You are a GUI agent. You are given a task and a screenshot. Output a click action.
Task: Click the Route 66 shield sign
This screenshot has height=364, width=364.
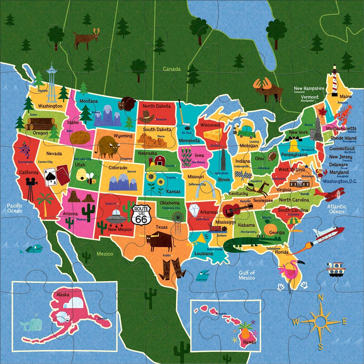click(141, 215)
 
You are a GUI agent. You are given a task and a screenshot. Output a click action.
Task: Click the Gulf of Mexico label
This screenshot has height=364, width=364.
click(247, 275)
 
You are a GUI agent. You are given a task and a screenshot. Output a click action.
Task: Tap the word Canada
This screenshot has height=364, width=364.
click(172, 69)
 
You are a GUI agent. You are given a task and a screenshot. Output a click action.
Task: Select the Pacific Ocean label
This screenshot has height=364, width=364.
click(15, 208)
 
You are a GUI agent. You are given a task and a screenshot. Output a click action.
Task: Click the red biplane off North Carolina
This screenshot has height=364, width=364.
click(333, 194)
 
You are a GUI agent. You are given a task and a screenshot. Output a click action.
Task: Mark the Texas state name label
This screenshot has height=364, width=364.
click(161, 227)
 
